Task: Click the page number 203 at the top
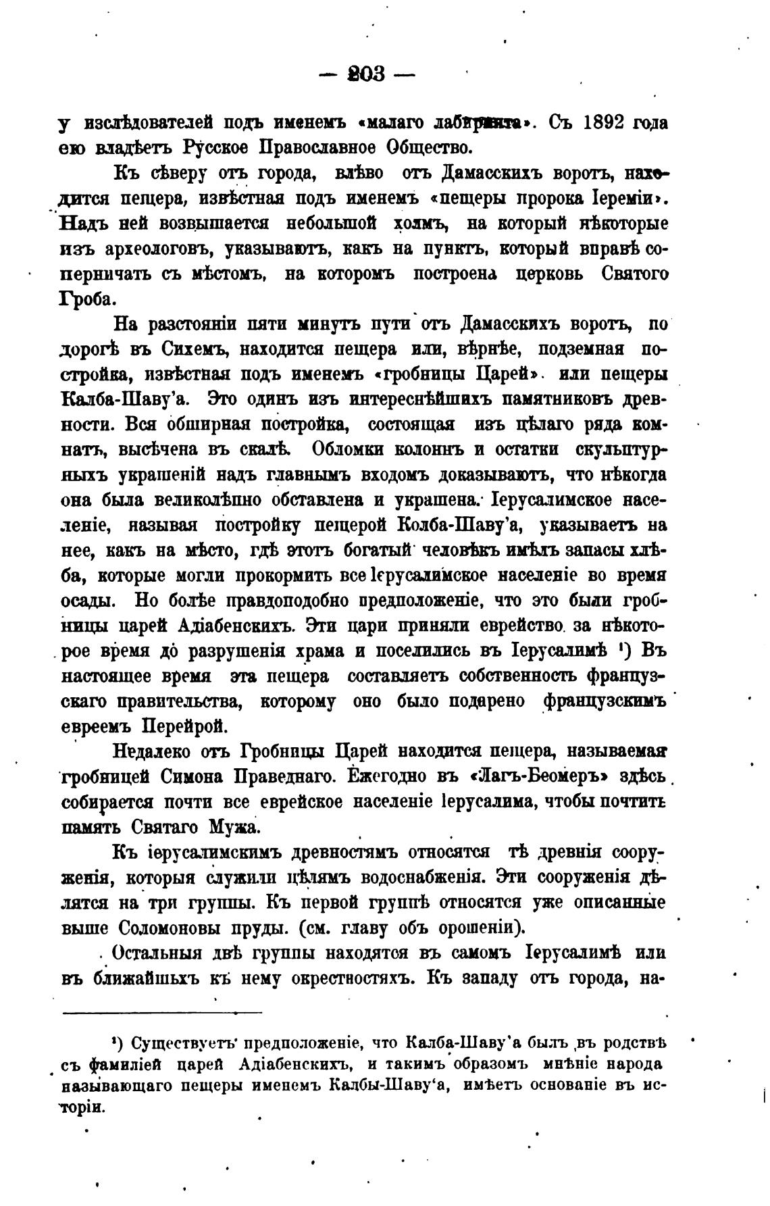pos(367,74)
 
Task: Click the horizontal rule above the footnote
pos(162,1012)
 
